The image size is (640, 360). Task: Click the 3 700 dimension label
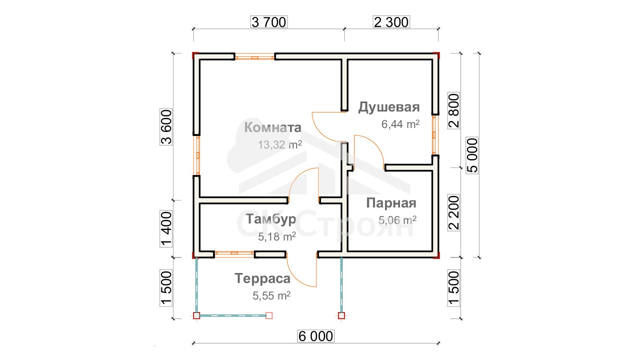[x=269, y=22]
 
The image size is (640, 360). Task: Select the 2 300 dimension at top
[x=391, y=22]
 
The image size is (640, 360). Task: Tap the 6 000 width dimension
[x=315, y=336]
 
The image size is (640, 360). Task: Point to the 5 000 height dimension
[x=472, y=155]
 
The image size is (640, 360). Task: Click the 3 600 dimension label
[x=166, y=127]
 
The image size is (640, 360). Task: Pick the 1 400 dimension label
[x=166, y=229]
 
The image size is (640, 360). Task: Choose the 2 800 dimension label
[x=453, y=110]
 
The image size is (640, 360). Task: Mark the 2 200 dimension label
[x=453, y=212]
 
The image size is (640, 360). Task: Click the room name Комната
[x=272, y=127]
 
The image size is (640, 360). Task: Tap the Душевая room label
[x=389, y=107]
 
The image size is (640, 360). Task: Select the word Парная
[x=391, y=203]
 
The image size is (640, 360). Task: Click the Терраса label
[x=262, y=278]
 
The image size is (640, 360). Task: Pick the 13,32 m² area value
[x=280, y=144]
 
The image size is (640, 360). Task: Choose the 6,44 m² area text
[x=400, y=124]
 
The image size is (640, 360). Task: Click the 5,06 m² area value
[x=397, y=220]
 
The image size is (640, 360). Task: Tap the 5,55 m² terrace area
[x=271, y=295]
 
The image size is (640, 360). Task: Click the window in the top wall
[x=255, y=57]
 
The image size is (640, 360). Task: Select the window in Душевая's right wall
[x=435, y=135]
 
